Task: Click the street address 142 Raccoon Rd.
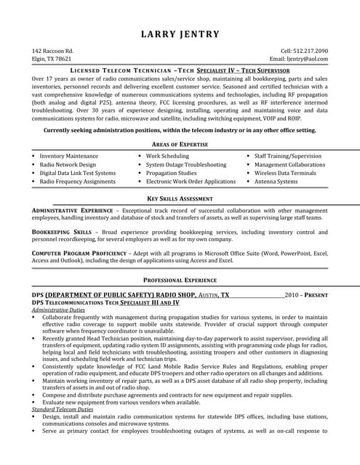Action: [x=52, y=51]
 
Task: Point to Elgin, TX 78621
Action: [x=52, y=59]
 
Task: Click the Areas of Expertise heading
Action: [x=180, y=145]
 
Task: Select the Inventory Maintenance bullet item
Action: [x=68, y=156]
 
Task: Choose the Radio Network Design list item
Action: [x=68, y=165]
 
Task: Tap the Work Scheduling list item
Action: [x=167, y=156]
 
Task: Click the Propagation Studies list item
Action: [x=171, y=174]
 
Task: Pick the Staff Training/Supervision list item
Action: [x=287, y=156]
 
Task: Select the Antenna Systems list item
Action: [x=276, y=182]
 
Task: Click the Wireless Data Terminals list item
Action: [x=285, y=174]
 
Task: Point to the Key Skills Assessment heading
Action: [x=180, y=198]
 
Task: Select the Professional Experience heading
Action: [x=180, y=280]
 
